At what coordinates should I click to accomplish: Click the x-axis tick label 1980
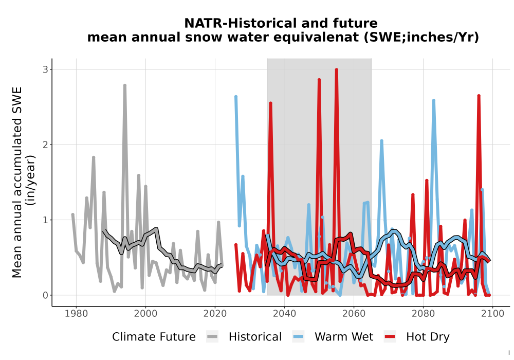[76, 314]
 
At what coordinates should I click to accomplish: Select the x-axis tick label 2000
[145, 314]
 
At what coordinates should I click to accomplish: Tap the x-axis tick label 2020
[215, 314]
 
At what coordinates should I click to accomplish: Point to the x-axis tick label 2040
[284, 314]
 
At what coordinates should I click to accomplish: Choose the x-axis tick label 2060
[354, 314]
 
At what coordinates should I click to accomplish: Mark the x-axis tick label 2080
[423, 314]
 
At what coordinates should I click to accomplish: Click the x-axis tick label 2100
[492, 314]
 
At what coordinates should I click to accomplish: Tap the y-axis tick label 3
[45, 69]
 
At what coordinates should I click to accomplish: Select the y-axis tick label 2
[45, 145]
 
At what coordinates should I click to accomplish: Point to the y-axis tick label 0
[45, 295]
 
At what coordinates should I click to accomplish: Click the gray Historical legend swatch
[212, 337]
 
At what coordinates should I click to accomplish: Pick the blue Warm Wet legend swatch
[298, 337]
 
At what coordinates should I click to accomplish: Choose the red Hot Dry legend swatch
[390, 337]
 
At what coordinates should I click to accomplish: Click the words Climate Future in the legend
[154, 337]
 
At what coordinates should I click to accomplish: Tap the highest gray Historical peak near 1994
[124, 85]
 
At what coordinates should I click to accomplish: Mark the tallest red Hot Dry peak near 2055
[336, 69]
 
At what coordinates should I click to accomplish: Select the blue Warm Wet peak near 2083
[433, 101]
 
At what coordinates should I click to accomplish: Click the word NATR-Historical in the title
[241, 23]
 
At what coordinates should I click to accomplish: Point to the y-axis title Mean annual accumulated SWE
[17, 182]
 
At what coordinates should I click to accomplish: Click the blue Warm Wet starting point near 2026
[236, 97]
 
